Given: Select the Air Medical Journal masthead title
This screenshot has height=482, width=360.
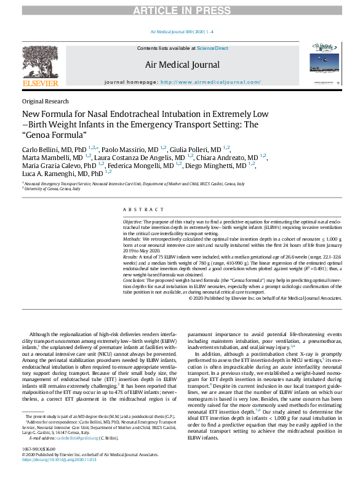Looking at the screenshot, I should point(182,65).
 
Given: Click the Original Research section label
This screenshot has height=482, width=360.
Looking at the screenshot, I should point(45,102).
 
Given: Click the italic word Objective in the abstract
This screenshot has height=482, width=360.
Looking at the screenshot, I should point(133,220).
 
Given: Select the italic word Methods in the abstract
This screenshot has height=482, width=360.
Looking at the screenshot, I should point(132,237).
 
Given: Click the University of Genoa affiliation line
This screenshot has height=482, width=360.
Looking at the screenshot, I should point(53,189).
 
